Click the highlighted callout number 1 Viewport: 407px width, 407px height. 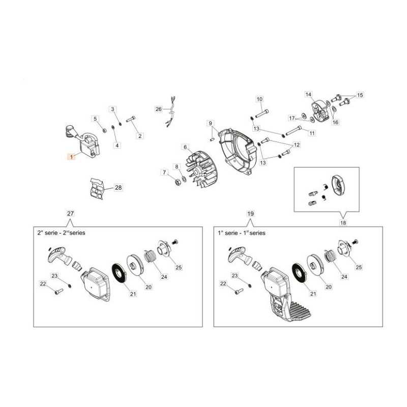click(x=71, y=157)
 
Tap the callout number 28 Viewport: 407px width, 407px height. click(x=118, y=187)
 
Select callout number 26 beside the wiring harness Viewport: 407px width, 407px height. click(x=158, y=109)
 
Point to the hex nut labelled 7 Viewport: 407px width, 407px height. click(x=178, y=182)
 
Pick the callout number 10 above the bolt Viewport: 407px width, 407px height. click(x=259, y=99)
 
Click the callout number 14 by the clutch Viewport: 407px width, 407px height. click(x=308, y=94)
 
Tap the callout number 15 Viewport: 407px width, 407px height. click(x=360, y=95)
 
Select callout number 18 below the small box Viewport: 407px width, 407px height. click(x=343, y=222)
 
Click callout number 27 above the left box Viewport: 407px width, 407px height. click(x=70, y=213)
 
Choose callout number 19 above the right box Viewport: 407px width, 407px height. click(x=250, y=214)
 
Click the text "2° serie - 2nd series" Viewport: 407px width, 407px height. click(x=61, y=232)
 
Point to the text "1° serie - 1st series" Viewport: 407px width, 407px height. click(x=242, y=233)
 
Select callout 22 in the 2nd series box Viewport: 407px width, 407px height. click(x=43, y=284)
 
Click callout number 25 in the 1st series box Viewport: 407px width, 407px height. click(x=359, y=267)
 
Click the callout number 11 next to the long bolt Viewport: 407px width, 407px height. click(x=312, y=133)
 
